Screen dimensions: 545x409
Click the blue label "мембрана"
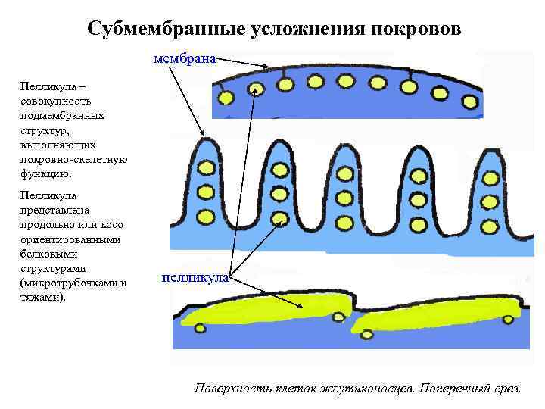tap(185, 57)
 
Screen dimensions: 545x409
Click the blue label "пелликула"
tap(195, 278)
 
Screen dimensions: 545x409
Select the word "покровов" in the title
tap(415, 28)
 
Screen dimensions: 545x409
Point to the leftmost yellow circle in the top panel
tap(225, 98)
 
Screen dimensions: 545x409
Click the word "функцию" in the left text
tap(46, 173)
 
